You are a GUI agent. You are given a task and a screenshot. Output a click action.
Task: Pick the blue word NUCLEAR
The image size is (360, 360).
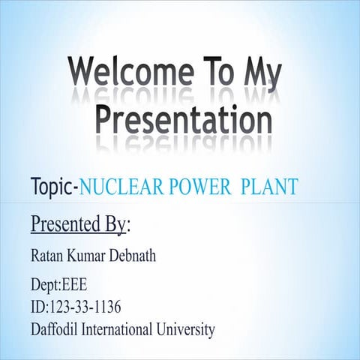pos(117,187)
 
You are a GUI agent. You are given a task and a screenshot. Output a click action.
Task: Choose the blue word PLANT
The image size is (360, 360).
pos(270,187)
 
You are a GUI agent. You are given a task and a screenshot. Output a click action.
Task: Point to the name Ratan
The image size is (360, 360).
pos(49,258)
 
